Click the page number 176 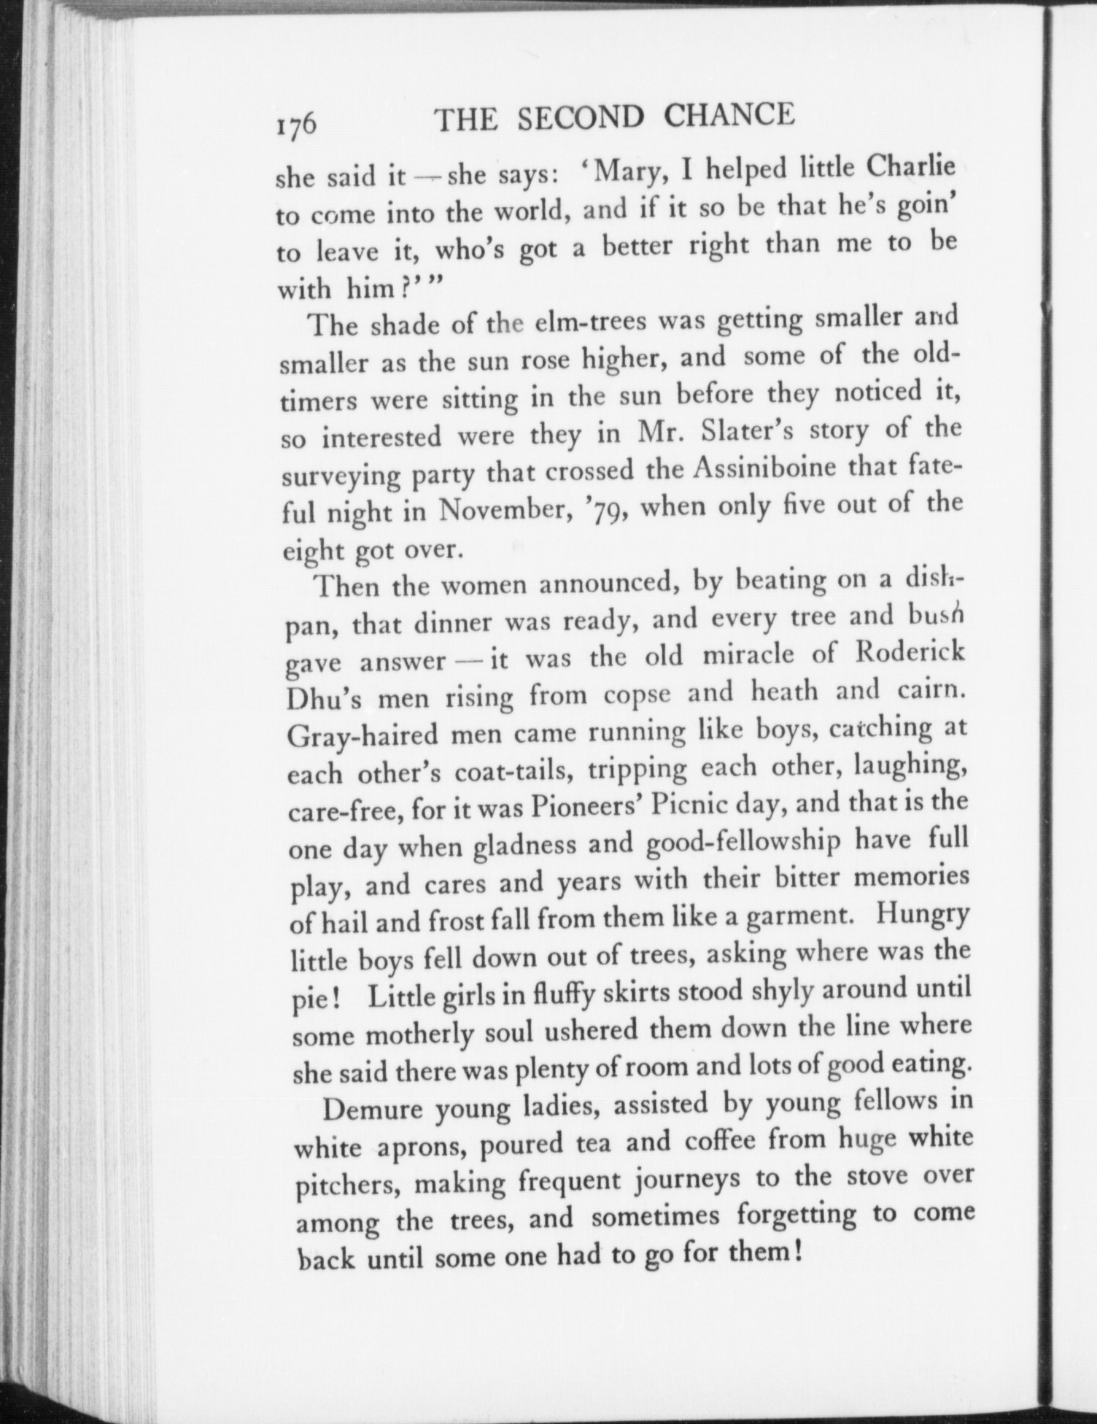[296, 123]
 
